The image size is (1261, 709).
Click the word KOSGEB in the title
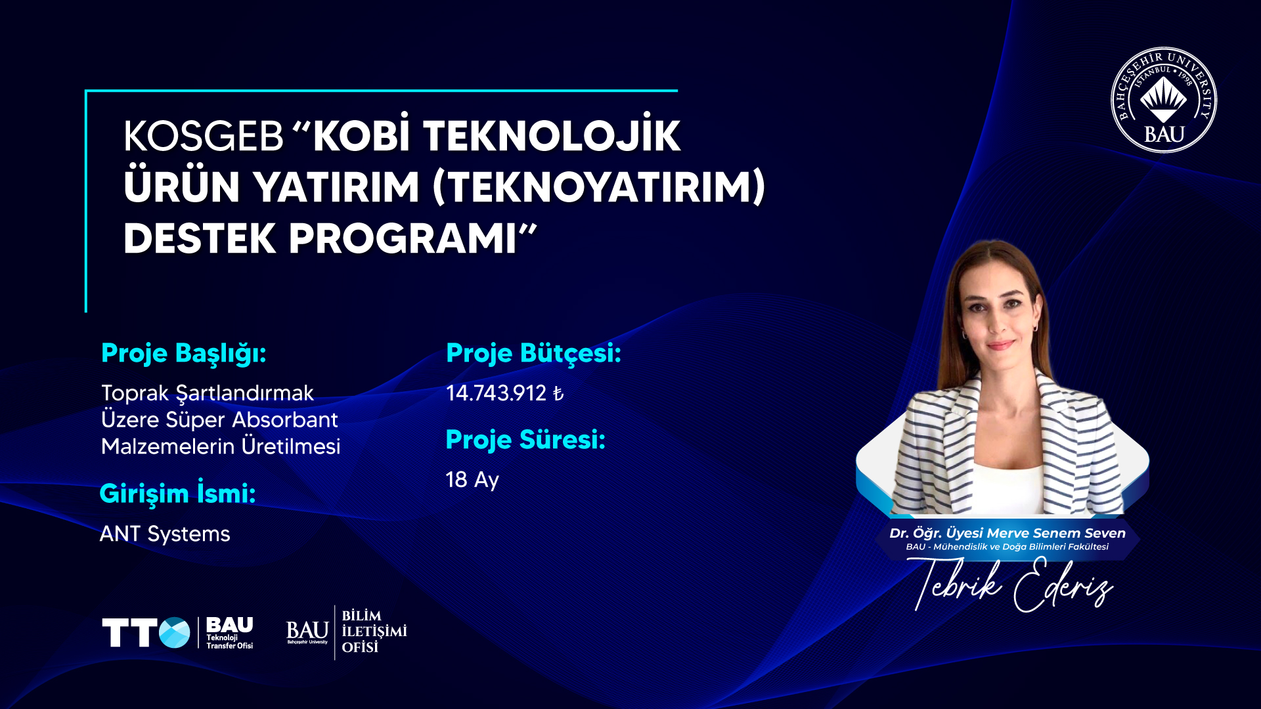pos(203,137)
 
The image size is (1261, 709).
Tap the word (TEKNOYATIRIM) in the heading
pos(599,187)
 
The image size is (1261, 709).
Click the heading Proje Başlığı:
pos(183,354)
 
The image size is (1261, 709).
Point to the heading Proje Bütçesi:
pos(533,354)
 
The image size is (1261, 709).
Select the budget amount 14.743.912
pos(496,393)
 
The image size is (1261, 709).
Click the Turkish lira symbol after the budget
pos(558,393)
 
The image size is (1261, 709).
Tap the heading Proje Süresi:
pos(525,440)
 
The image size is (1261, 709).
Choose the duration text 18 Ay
pos(472,480)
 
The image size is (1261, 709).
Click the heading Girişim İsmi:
pos(177,494)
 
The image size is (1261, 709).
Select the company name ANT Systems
pos(165,534)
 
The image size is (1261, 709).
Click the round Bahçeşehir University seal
pos(1164,100)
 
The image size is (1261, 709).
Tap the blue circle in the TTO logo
pos(175,633)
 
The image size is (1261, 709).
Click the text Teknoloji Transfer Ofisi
pos(230,641)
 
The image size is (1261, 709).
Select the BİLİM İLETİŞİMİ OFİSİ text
pos(374,632)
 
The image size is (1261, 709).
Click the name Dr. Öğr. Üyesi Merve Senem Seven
pos(1007,533)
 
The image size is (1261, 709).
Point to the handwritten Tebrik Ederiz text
pos(1011,584)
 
